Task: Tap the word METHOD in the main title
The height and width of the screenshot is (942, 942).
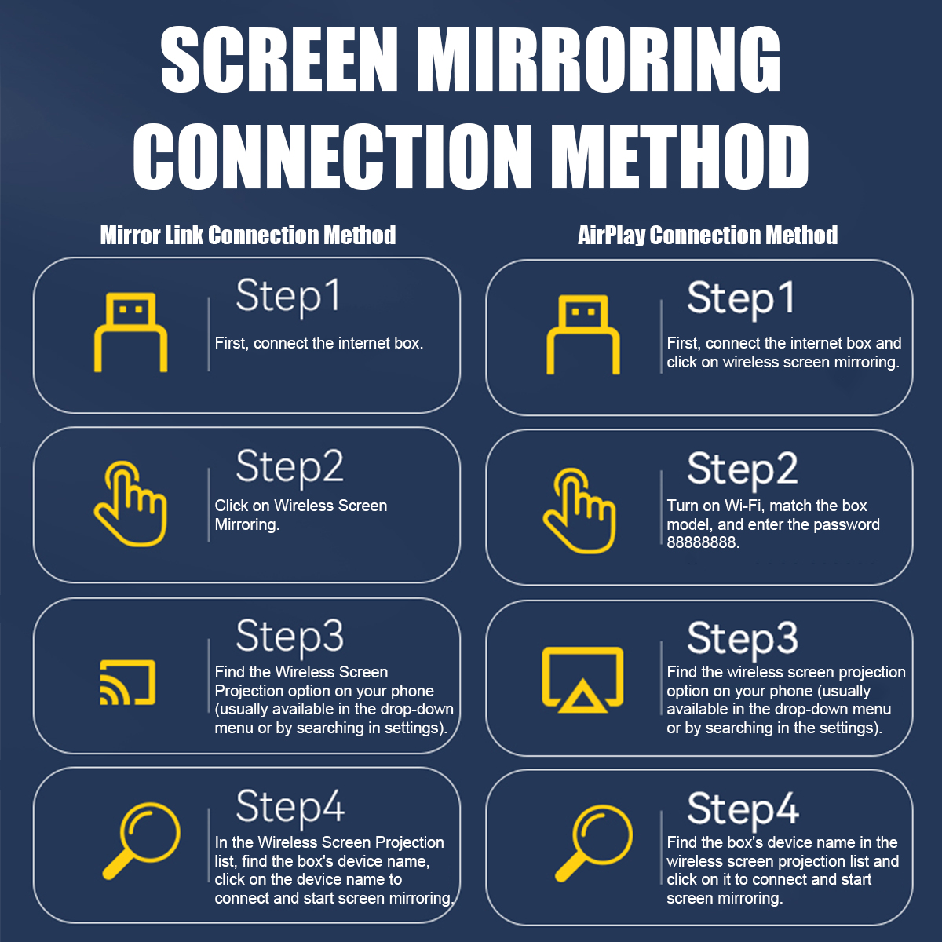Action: point(680,155)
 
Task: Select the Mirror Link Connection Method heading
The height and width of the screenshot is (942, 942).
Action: point(248,235)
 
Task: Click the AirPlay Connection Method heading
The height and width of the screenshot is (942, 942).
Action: point(707,235)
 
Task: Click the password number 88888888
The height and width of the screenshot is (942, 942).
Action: point(702,542)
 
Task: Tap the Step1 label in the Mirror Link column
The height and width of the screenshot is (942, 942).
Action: point(287,297)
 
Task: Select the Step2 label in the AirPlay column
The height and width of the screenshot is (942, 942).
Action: point(742,469)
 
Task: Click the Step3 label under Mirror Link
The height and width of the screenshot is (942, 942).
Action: point(290,637)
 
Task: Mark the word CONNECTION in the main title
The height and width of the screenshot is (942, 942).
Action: point(332,155)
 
